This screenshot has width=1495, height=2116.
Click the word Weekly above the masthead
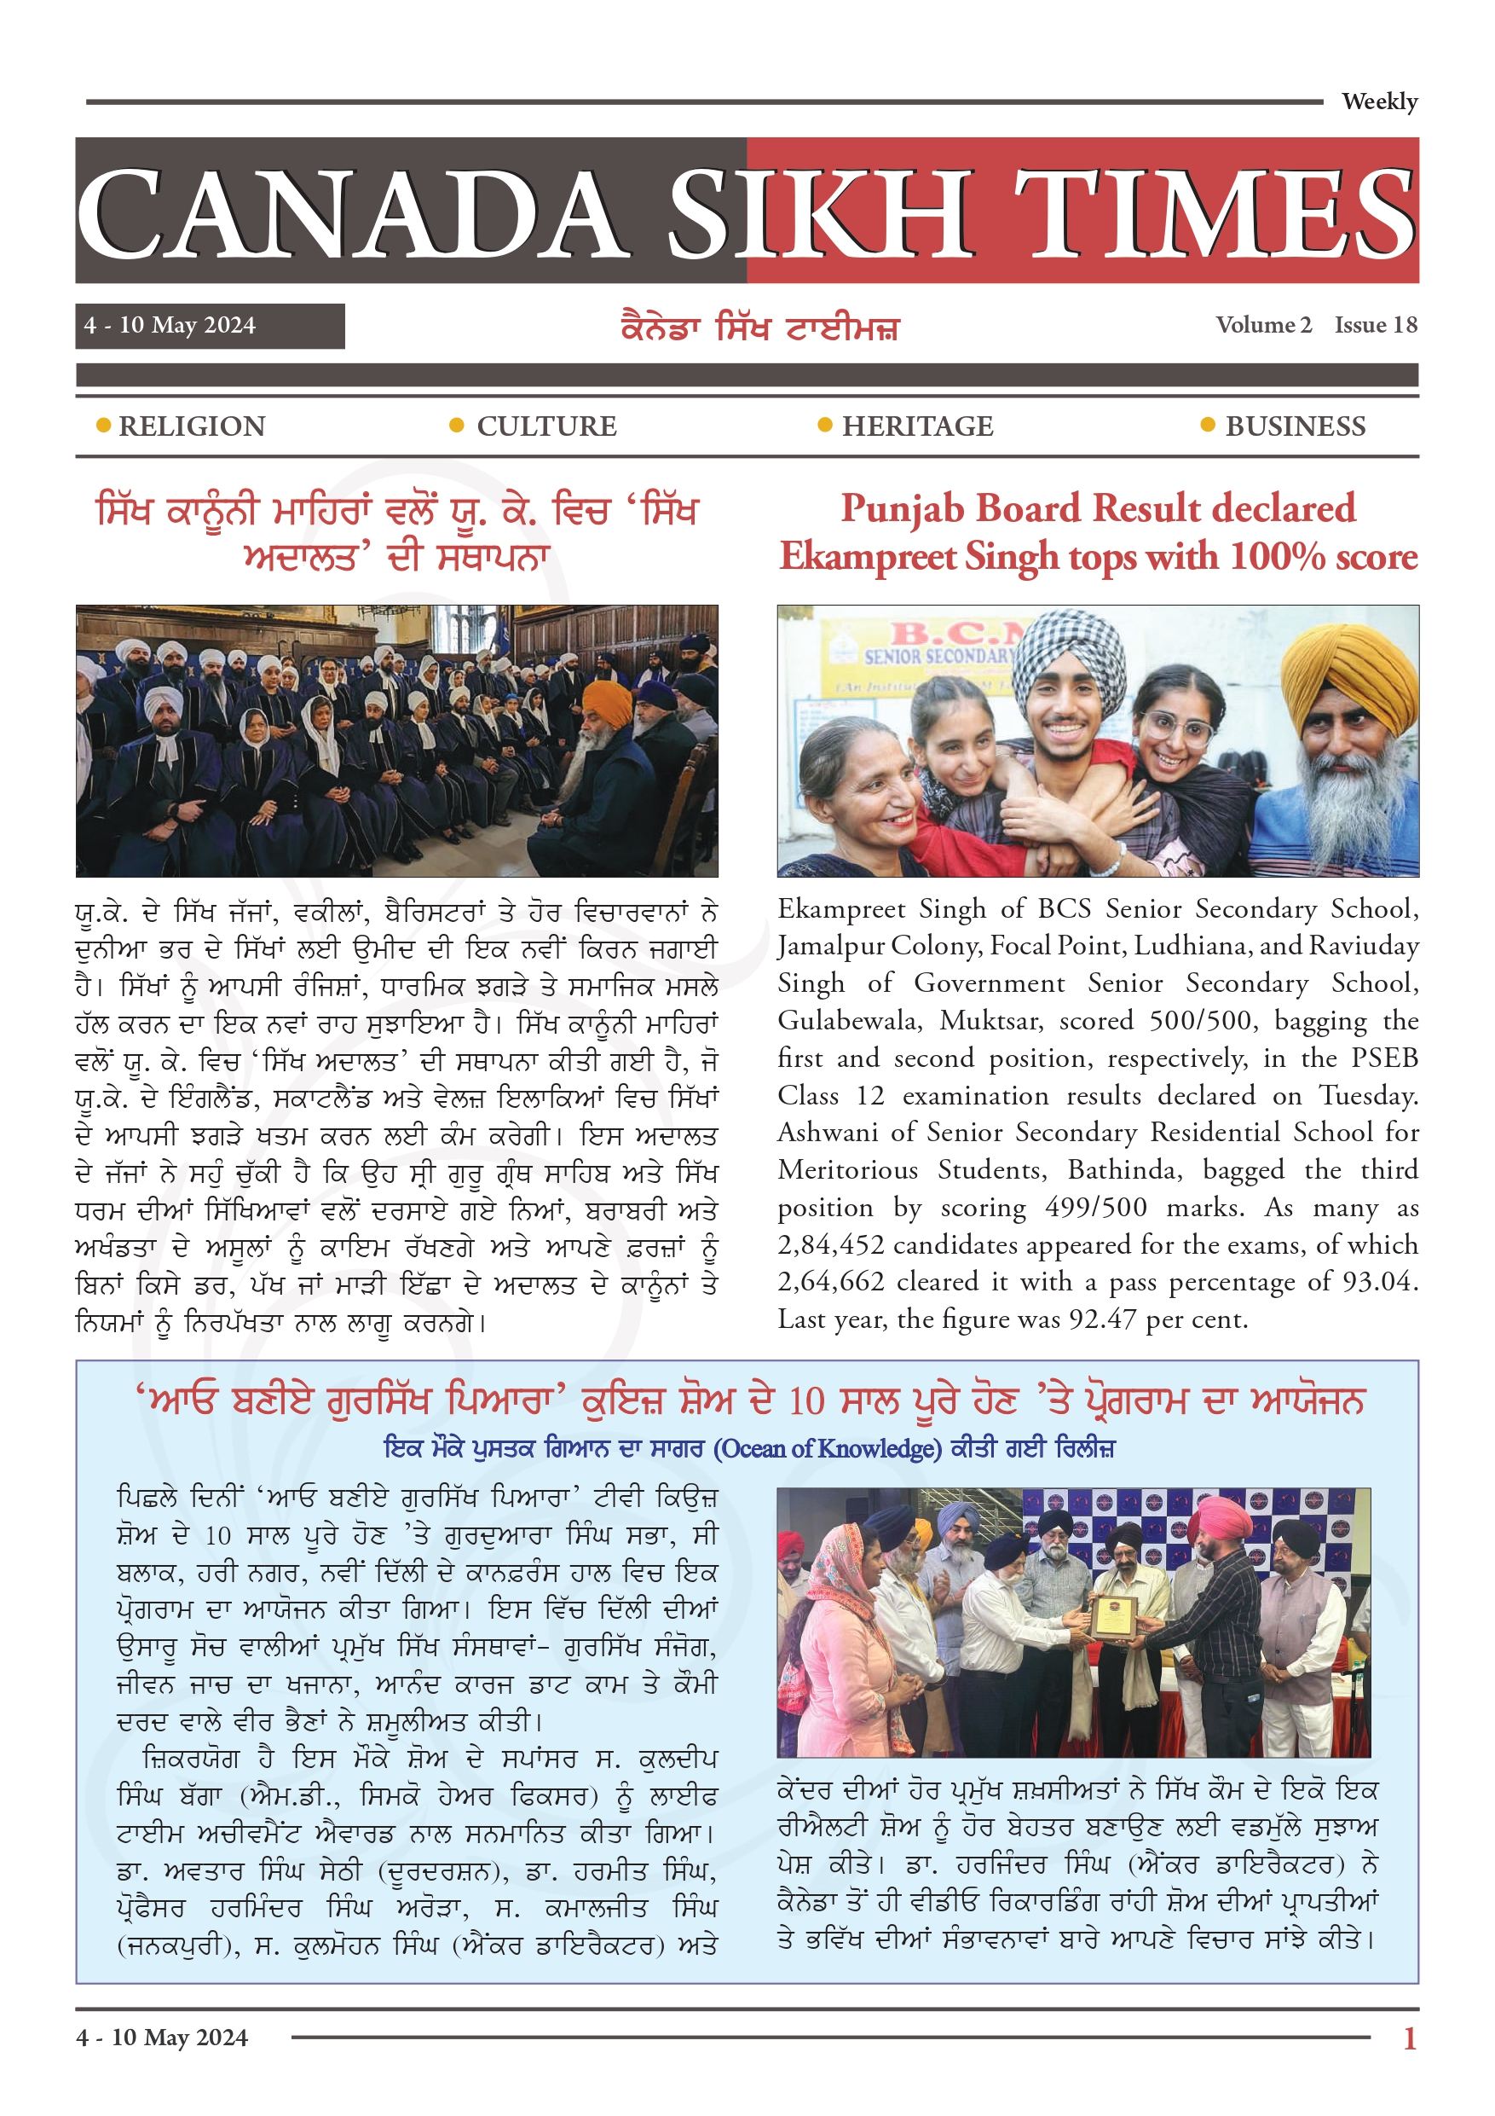coord(1378,101)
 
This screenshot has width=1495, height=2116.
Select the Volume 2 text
coord(1263,325)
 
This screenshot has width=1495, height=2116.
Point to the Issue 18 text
coord(1376,325)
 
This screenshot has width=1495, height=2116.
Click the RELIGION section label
coord(192,426)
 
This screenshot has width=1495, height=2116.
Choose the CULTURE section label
coord(546,426)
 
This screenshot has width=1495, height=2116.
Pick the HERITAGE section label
coord(917,426)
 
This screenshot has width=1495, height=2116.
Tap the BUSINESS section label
coord(1295,426)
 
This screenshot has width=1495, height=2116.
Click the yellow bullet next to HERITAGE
coord(824,425)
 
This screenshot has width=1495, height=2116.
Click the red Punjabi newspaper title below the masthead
coord(759,328)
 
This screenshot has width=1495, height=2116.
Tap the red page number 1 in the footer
coord(1408,2038)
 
